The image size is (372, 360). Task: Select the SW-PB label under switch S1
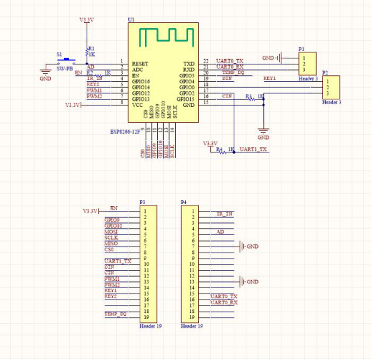point(64,68)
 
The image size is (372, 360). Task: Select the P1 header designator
point(301,49)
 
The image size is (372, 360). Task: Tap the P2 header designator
point(325,72)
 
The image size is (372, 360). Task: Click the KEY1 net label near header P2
point(269,79)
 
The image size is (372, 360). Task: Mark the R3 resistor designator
point(248,97)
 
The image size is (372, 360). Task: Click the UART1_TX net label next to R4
point(253,149)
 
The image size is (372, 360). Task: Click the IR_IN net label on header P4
point(225,214)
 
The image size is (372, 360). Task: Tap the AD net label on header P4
point(220,232)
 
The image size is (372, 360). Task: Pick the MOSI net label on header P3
point(111,232)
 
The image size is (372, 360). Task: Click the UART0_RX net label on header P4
point(224,302)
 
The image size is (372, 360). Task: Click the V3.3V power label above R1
point(87,20)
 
